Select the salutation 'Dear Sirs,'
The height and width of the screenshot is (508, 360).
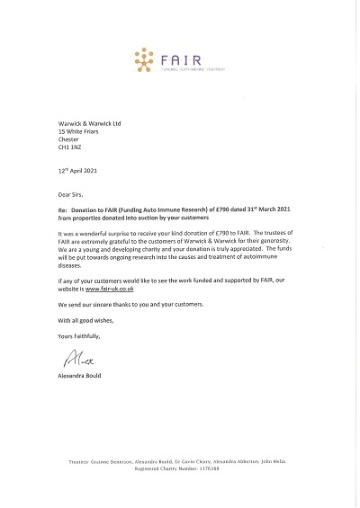72,192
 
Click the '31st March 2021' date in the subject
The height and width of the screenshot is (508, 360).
274,207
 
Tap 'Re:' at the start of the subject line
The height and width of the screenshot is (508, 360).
61,207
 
